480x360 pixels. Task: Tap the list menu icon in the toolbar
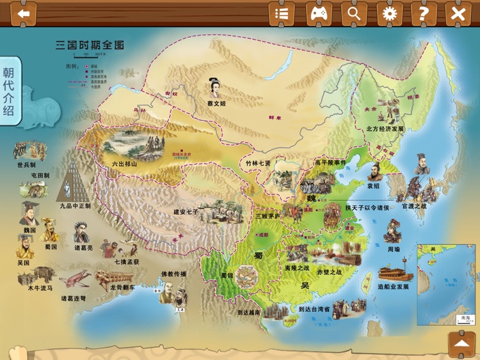pos(282,13)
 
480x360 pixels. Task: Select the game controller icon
pos(319,13)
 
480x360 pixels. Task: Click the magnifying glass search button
pos(354,13)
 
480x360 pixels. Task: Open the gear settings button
pos(389,13)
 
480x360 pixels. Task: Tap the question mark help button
pos(424,13)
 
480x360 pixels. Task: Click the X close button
pos(458,13)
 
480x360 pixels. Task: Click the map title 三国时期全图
pos(90,45)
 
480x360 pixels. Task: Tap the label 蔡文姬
pos(216,103)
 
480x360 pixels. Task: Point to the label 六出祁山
pos(124,164)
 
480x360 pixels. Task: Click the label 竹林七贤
pos(258,163)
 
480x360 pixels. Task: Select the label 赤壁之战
pos(329,272)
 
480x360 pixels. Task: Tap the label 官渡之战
pos(413,207)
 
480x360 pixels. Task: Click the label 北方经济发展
pos(385,129)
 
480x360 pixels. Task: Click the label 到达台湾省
pos(314,309)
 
